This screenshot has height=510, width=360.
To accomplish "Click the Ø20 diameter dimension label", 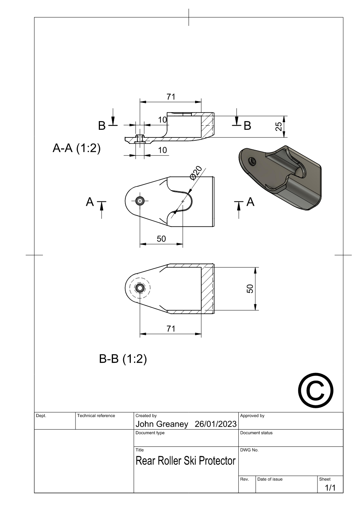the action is coord(195,173).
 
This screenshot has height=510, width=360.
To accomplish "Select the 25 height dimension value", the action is coord(279,127).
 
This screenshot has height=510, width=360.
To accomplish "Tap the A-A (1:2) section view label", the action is coord(76,148).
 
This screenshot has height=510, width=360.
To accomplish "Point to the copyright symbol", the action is coord(315,390).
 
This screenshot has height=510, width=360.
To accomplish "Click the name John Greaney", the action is coord(162,424).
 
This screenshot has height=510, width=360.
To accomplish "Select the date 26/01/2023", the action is coord(215,424).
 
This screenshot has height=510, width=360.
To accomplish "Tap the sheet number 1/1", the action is coord(330,487).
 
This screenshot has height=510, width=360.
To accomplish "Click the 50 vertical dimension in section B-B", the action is coord(250,289).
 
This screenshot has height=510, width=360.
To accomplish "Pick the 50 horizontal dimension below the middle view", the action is coord(161,238).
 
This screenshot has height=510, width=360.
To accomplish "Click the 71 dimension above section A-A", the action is coord(171,97).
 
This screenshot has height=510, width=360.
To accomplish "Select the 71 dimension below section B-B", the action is coord(171,329).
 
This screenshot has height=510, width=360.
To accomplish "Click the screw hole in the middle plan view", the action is coord(140,201).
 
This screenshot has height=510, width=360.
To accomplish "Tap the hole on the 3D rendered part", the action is coord(252,161).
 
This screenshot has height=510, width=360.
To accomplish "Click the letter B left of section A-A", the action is coord(102,125).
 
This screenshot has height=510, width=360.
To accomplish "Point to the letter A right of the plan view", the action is coord(250,202).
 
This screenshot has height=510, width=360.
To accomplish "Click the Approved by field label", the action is coord(252,415).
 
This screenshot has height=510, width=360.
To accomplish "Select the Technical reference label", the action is coord(96,415).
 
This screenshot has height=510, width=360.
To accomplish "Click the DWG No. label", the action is coord(249,450).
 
